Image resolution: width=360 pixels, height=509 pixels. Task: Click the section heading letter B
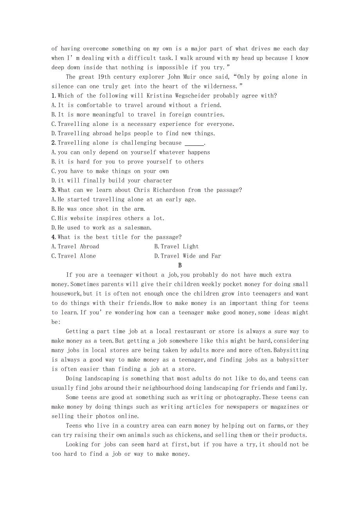[x=180, y=265]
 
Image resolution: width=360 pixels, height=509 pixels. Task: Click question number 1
[x=53, y=96]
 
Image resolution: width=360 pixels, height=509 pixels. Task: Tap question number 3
[x=53, y=190]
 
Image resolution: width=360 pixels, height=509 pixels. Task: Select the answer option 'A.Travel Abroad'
[x=75, y=247]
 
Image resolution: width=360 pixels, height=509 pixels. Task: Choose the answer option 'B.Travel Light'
[x=176, y=247]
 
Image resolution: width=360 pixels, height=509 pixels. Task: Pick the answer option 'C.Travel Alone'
[x=74, y=256]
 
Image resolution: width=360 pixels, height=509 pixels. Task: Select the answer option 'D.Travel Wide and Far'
[x=187, y=256]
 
